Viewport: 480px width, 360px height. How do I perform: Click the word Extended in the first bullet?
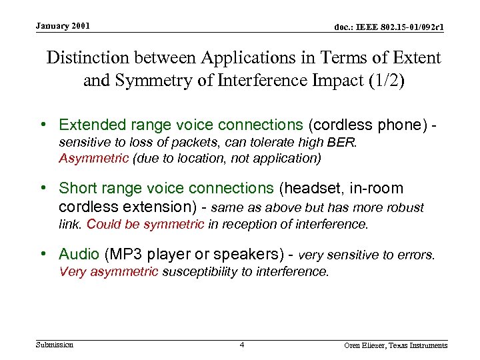click(x=89, y=125)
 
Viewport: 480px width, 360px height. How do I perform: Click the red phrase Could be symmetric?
click(x=145, y=225)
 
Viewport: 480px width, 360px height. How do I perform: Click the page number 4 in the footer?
click(x=242, y=345)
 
